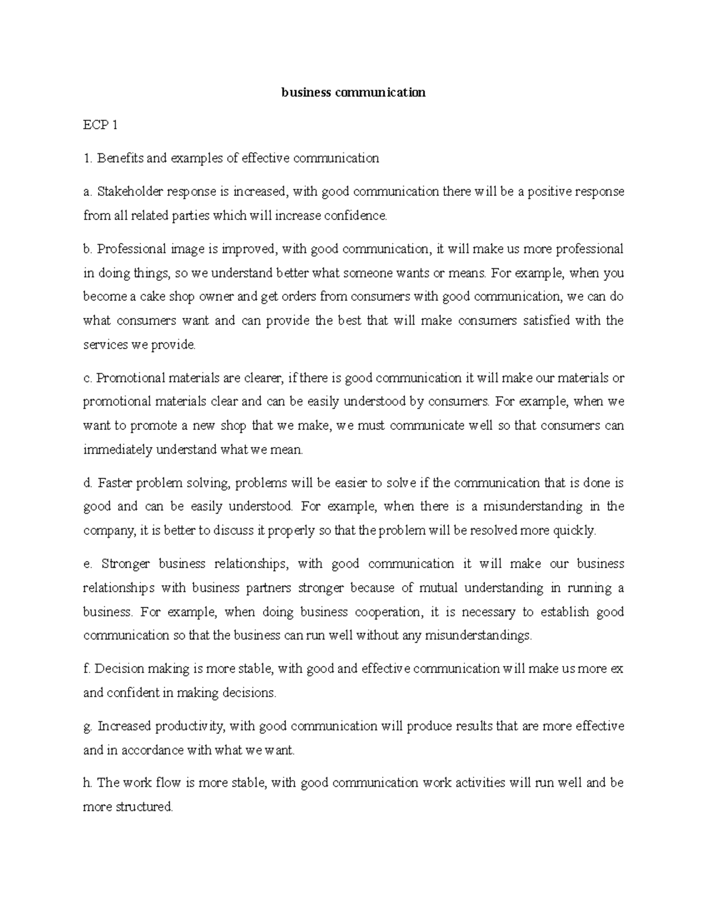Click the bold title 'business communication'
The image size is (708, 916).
coord(353,93)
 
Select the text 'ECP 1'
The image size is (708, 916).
coord(101,125)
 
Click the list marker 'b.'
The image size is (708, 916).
coord(88,249)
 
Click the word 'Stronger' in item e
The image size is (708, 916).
coord(125,564)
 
